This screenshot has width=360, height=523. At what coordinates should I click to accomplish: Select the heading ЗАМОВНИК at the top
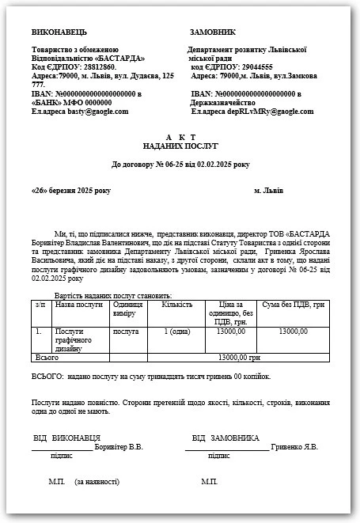(214, 33)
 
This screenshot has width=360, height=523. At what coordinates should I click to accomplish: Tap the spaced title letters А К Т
(180, 138)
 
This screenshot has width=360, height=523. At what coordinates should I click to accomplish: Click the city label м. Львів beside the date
(268, 191)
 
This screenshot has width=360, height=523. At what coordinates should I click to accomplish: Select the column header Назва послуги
(79, 303)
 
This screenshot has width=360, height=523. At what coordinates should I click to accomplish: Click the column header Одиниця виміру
(127, 308)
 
